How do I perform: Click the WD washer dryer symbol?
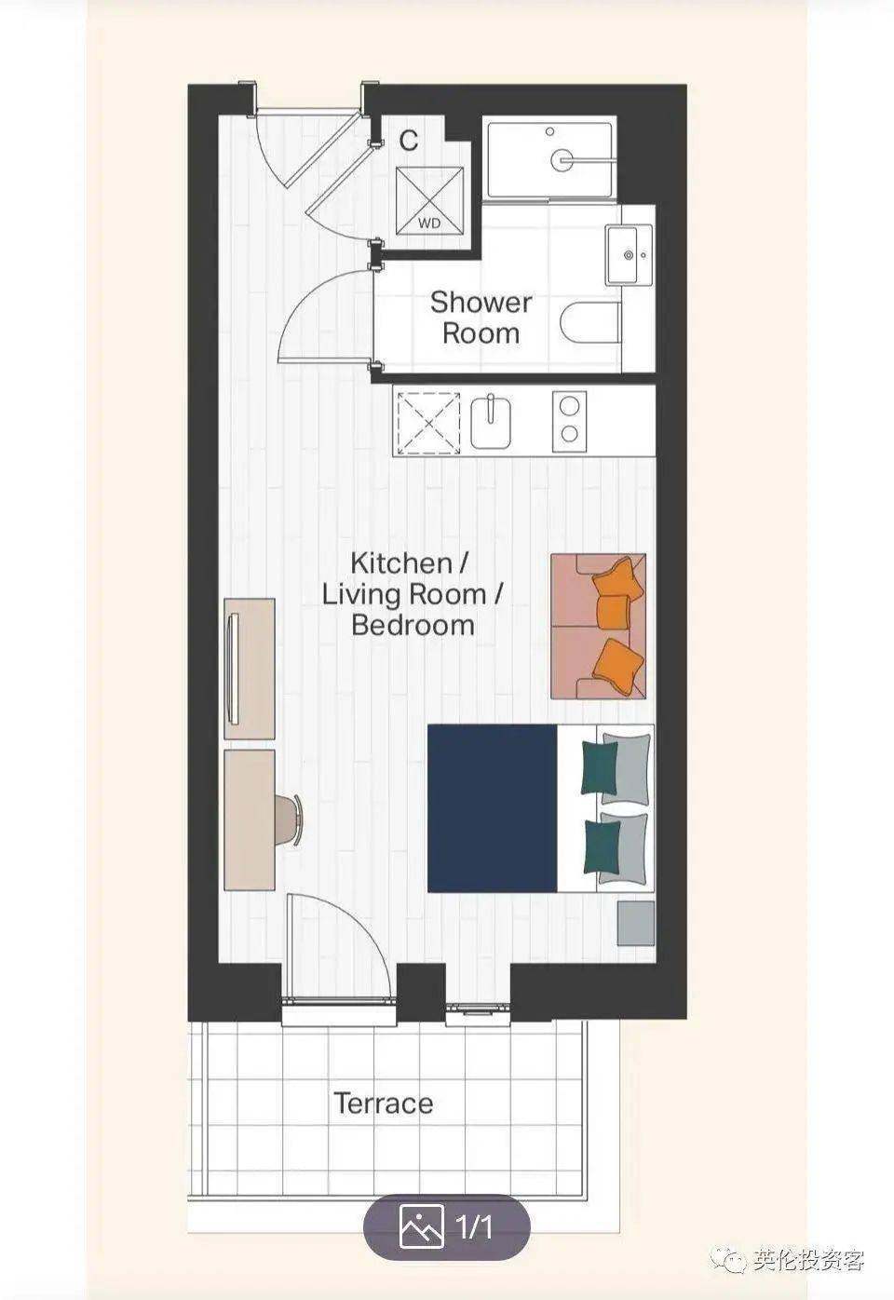click(429, 201)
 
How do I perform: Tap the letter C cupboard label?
click(409, 141)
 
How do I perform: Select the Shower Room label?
click(481, 318)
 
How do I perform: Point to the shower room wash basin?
click(630, 255)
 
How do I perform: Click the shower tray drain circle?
click(562, 159)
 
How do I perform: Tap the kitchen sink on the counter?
click(491, 422)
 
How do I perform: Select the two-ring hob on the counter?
click(569, 422)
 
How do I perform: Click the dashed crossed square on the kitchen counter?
click(428, 423)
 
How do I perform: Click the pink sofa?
click(598, 626)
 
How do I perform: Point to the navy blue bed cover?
click(493, 808)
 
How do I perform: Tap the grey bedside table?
click(636, 924)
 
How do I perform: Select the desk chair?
click(289, 819)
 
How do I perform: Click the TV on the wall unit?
click(234, 670)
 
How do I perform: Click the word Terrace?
click(383, 1104)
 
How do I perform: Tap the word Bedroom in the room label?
click(413, 625)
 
